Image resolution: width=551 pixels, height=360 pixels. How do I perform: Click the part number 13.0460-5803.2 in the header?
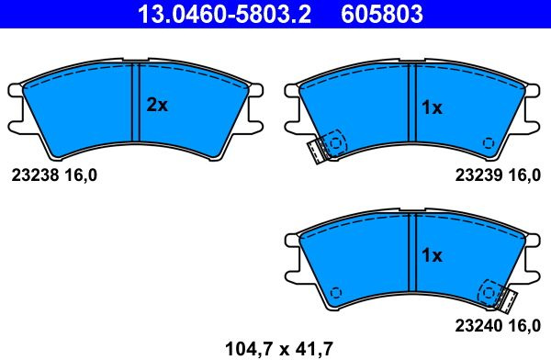225,14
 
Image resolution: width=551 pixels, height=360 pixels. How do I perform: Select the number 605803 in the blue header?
382,14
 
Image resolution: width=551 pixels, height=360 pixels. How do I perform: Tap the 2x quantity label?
157,105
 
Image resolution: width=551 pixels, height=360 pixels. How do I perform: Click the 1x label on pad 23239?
432,107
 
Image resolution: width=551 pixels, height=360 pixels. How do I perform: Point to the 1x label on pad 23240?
432,255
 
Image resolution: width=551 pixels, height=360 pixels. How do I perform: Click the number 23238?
35,175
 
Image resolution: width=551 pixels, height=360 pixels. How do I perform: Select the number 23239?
478,175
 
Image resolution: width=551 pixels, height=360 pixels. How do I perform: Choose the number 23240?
478,326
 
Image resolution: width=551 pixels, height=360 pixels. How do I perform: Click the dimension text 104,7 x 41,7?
278,349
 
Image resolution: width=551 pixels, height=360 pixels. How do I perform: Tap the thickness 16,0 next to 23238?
81,175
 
